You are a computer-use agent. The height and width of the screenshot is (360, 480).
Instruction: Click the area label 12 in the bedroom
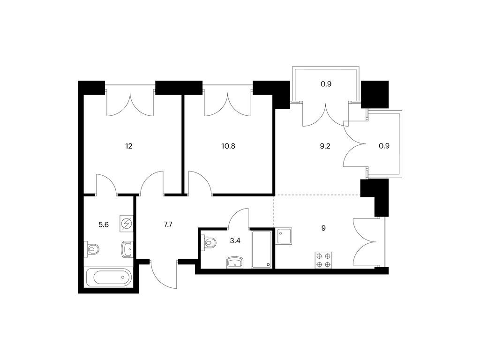128,146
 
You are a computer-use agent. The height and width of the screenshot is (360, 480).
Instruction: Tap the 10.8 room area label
228,146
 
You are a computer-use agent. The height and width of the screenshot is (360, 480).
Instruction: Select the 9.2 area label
325,146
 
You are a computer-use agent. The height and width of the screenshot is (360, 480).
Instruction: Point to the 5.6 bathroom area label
104,225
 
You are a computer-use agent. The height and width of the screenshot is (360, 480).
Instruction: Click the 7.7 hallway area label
168,225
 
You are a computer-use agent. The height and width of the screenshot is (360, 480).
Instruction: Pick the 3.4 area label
235,240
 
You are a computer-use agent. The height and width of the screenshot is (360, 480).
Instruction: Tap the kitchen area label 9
323,228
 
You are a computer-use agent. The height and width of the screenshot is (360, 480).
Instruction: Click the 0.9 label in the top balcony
326,84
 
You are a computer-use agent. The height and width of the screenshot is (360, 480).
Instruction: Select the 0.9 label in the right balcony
384,146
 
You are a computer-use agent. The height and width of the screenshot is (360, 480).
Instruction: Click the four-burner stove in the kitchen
323,260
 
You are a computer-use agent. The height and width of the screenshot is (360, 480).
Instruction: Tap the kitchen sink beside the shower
284,236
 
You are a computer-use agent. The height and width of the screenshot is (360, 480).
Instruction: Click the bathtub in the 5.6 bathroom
109,277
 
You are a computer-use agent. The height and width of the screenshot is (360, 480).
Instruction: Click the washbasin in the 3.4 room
235,262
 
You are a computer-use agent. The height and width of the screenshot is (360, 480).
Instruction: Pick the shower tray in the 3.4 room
262,250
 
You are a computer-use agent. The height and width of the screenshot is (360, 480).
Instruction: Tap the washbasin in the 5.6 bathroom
127,249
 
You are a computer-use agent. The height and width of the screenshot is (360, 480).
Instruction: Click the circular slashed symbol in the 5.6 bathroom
127,224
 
